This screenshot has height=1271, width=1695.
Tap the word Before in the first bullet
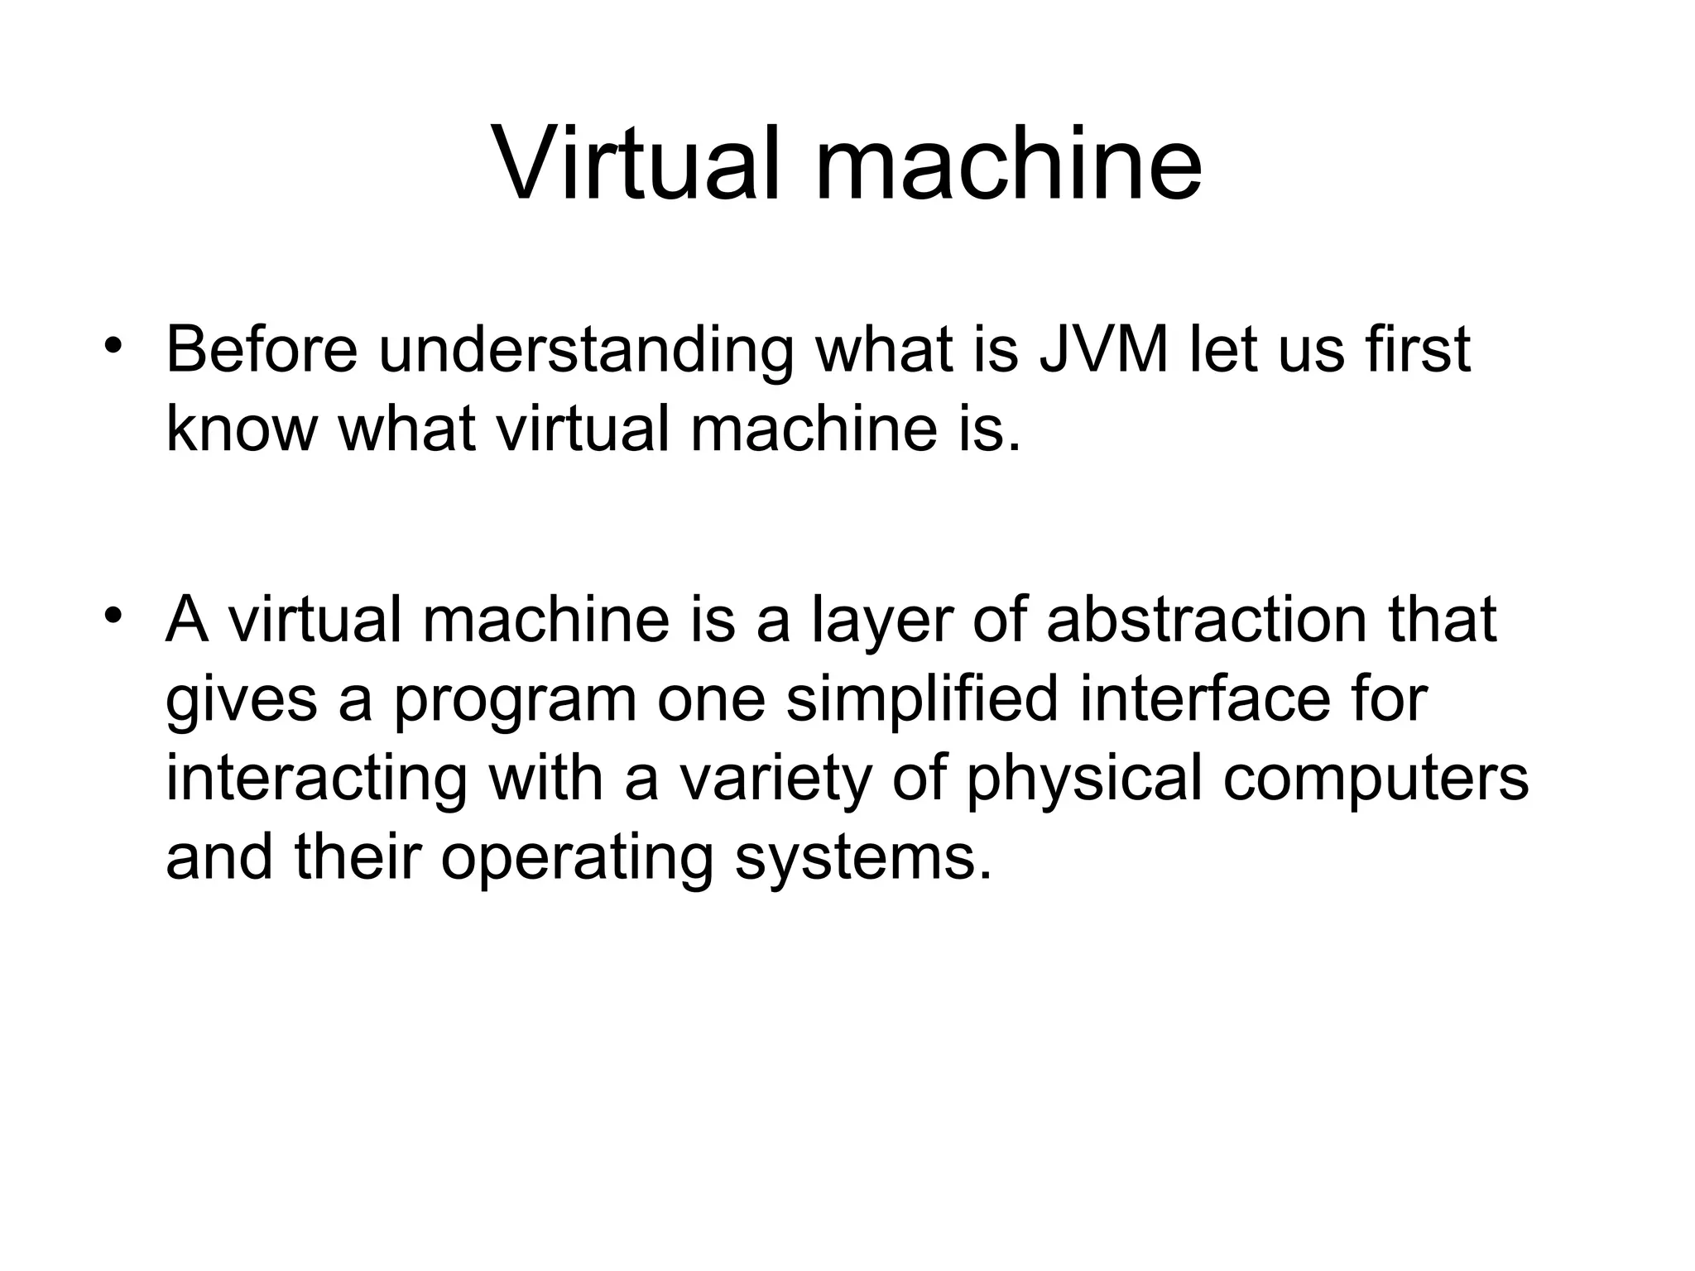coord(262,349)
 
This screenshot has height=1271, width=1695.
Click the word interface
coord(1203,698)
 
